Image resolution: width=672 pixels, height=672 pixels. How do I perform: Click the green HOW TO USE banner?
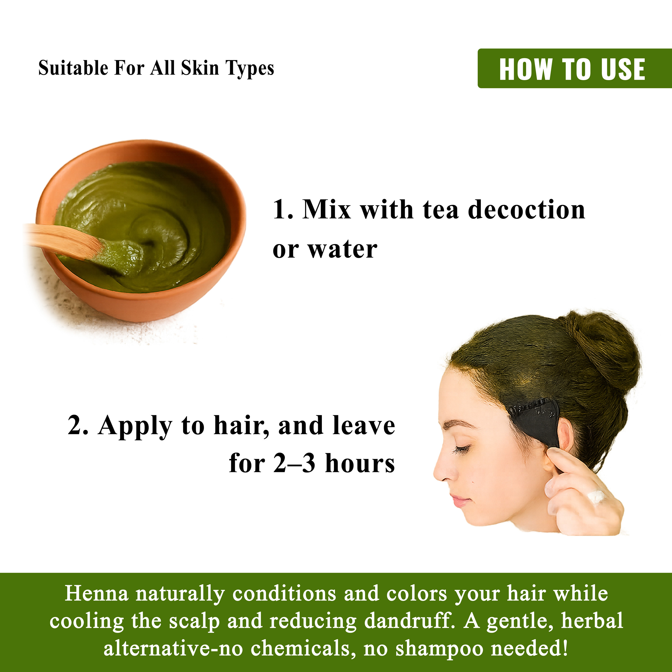pyautogui.click(x=575, y=68)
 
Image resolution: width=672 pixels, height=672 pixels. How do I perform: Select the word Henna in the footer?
pyautogui.click(x=96, y=594)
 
